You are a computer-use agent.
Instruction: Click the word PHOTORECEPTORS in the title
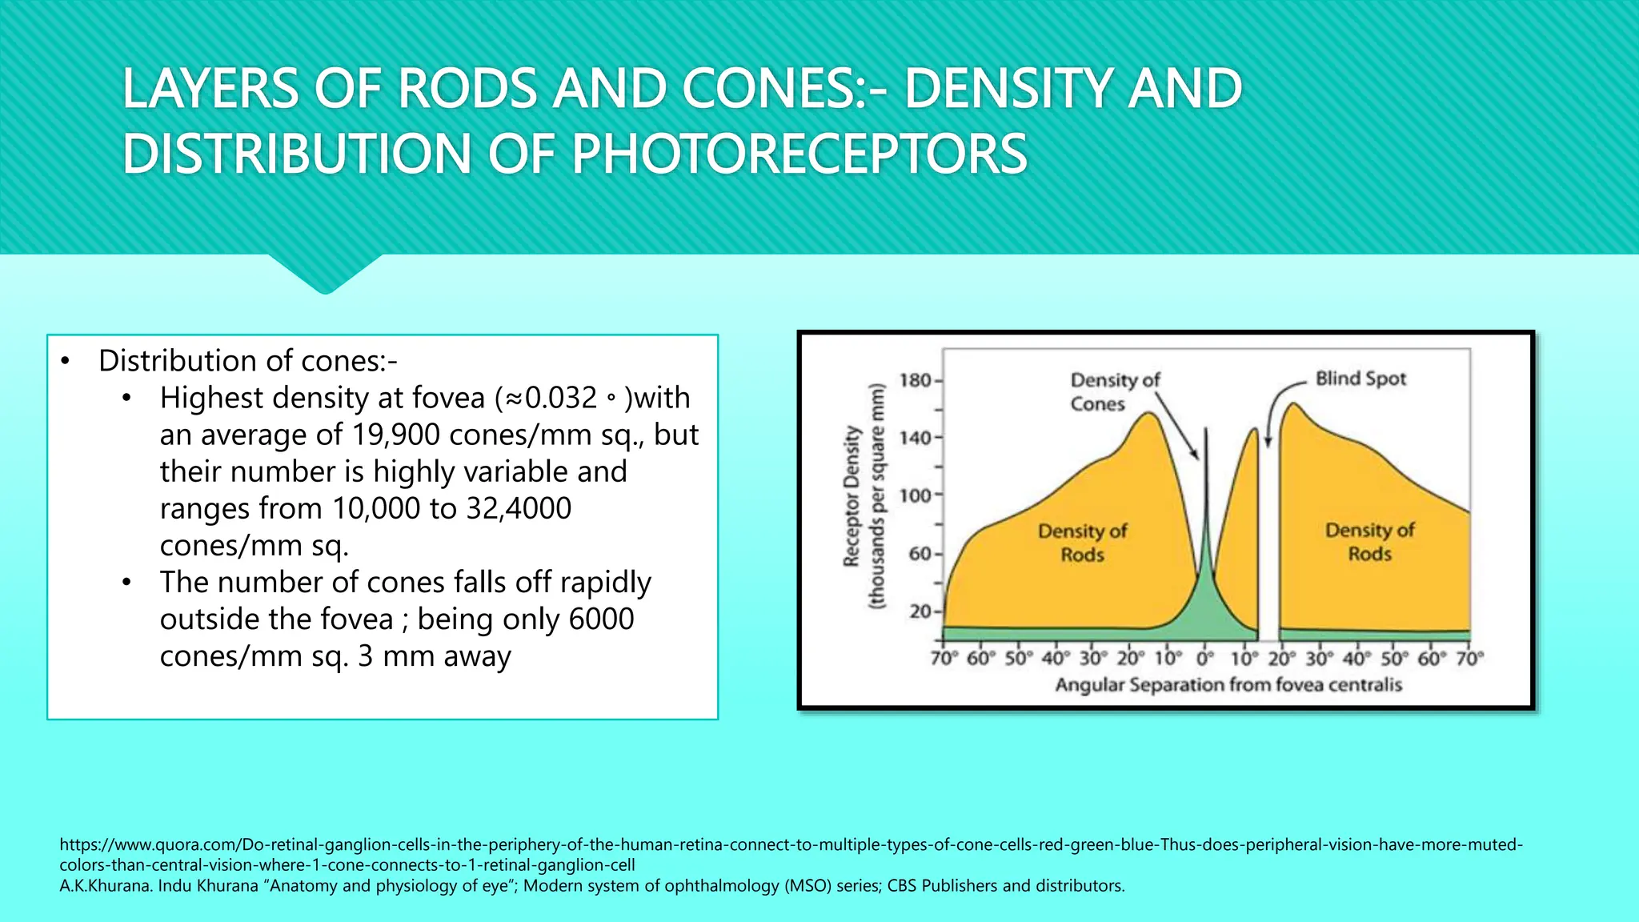[x=799, y=154]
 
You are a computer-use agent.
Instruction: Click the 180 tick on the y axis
[x=916, y=380]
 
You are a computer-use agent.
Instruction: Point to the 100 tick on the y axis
[x=916, y=495]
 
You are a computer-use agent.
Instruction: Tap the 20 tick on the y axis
[x=920, y=611]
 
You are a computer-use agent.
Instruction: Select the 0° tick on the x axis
[x=1205, y=659]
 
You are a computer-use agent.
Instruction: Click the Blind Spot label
[x=1360, y=379]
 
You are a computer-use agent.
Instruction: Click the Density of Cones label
[x=1114, y=391]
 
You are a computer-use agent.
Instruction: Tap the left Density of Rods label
[x=1082, y=543]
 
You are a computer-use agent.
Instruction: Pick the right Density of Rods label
[x=1369, y=542]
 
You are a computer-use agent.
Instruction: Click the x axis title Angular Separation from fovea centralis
[x=1228, y=685]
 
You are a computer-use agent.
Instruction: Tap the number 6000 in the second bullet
[x=601, y=619]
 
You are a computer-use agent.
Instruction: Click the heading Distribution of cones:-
[x=247, y=361]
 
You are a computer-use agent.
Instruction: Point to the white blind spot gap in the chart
[x=1268, y=544]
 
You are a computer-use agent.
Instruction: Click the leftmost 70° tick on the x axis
[x=944, y=659]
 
